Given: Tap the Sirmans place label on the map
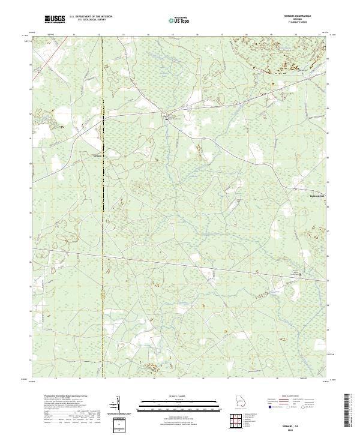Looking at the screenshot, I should [x=98, y=155].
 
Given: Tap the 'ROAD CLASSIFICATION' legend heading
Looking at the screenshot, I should [x=288, y=398].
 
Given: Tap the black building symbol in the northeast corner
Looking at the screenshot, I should [x=299, y=71].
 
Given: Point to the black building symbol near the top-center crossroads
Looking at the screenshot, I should [x=167, y=119].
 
